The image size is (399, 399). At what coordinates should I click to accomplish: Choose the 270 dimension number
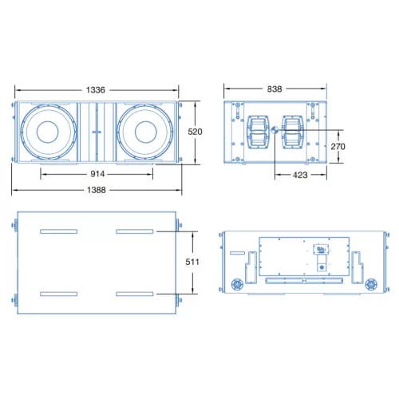coord(338,146)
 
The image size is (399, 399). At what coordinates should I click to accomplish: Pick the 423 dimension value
coord(300,174)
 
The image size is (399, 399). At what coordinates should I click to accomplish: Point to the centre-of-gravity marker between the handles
coord(275,132)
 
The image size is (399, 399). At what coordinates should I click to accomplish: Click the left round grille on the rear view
coord(236,284)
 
